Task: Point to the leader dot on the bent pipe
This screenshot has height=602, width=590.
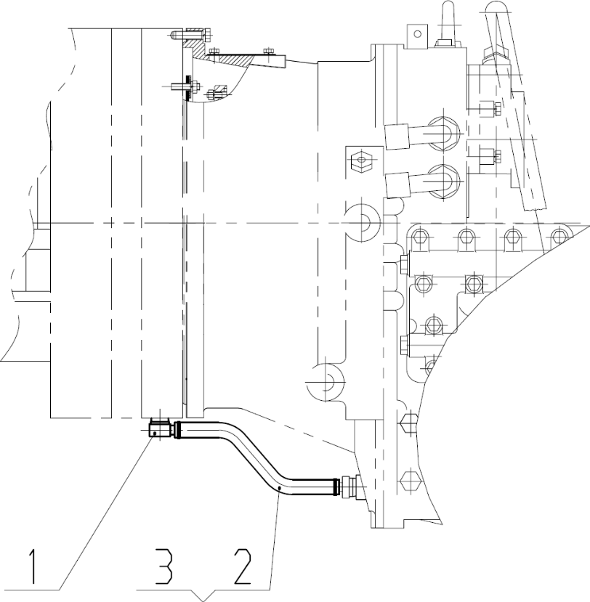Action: [280, 487]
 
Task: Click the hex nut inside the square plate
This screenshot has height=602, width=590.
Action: [362, 159]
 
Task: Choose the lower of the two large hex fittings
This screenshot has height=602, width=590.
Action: [443, 182]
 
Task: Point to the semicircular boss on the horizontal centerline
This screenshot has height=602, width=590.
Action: [363, 223]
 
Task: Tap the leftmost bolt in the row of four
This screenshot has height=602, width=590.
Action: [419, 236]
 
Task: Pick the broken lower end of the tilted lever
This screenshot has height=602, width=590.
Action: [536, 206]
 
